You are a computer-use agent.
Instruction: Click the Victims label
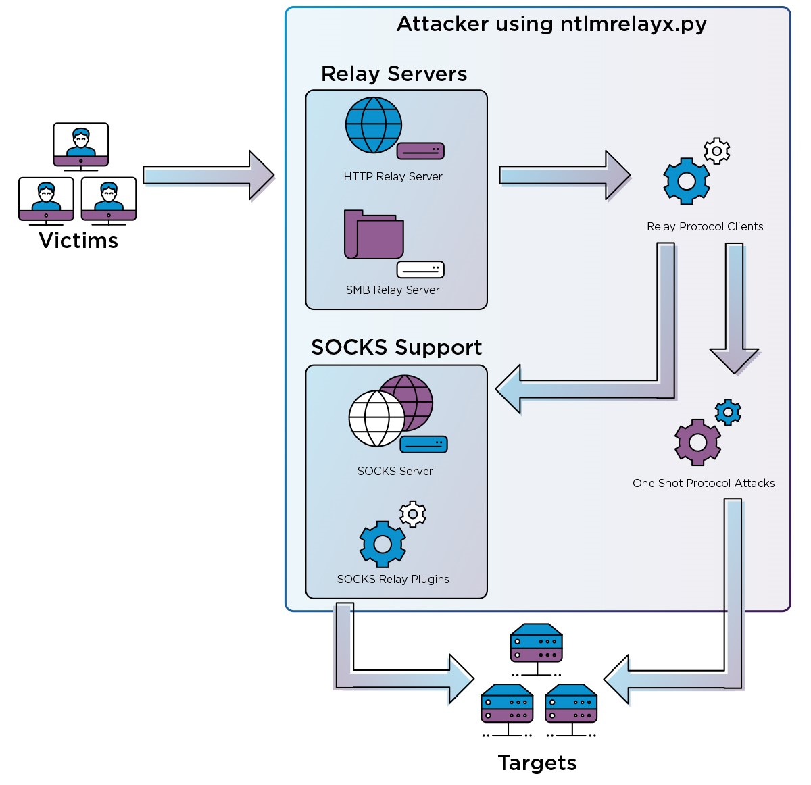click(x=78, y=240)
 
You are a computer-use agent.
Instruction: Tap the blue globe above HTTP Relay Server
click(x=373, y=126)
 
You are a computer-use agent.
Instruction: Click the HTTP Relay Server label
click(x=393, y=176)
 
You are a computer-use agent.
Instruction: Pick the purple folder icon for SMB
click(x=374, y=234)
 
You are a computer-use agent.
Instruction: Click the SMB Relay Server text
click(x=393, y=290)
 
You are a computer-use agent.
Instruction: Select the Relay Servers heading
click(x=394, y=74)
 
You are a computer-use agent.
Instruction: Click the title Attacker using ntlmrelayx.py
click(x=551, y=24)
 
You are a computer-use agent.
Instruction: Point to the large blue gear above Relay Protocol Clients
click(x=686, y=181)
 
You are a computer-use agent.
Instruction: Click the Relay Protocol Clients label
click(x=705, y=226)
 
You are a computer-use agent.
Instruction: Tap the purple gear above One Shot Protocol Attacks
click(x=697, y=442)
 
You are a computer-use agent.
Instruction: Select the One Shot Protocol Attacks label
click(x=704, y=483)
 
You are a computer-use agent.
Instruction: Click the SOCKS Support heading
click(x=396, y=347)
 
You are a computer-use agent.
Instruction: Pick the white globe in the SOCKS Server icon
click(x=376, y=419)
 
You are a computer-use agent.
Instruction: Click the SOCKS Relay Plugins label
click(x=393, y=579)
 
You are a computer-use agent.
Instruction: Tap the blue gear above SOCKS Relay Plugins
click(x=383, y=544)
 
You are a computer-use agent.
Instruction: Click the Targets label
click(x=537, y=763)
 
